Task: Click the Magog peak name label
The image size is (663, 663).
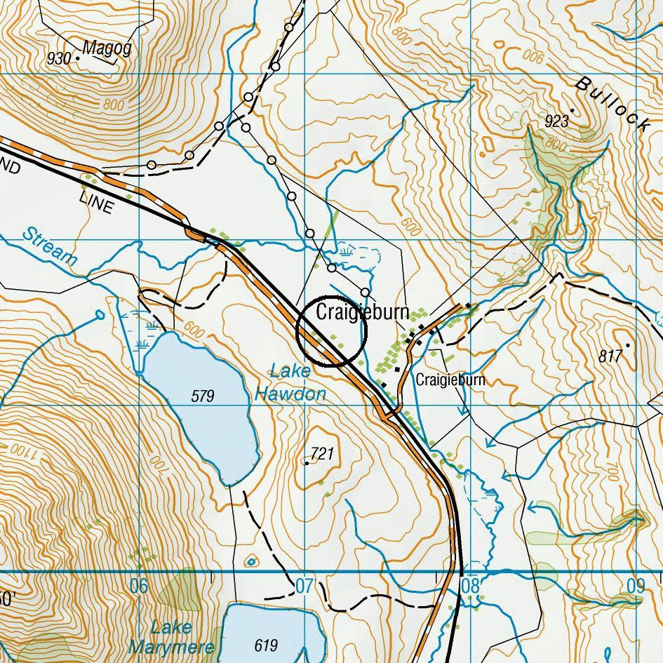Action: pyautogui.click(x=107, y=48)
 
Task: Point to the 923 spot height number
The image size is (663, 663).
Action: pyautogui.click(x=556, y=121)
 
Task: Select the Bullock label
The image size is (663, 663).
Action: pyautogui.click(x=612, y=104)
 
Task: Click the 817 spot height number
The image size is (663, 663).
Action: pyautogui.click(x=610, y=356)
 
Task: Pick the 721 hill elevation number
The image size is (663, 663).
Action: pyautogui.click(x=321, y=454)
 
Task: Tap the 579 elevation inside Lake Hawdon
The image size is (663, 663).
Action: pyautogui.click(x=202, y=396)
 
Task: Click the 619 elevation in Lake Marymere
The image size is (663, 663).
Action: pyautogui.click(x=266, y=645)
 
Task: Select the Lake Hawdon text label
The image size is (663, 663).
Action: pyautogui.click(x=290, y=383)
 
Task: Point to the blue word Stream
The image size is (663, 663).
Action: pyautogui.click(x=49, y=246)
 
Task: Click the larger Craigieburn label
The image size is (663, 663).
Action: pyautogui.click(x=362, y=312)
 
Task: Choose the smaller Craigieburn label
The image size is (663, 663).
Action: pyautogui.click(x=450, y=380)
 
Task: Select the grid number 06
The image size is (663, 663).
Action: pyautogui.click(x=139, y=585)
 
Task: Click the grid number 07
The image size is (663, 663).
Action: pyautogui.click(x=304, y=585)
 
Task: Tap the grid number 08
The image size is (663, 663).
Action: pyautogui.click(x=470, y=585)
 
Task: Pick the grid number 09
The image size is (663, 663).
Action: pyautogui.click(x=635, y=585)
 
